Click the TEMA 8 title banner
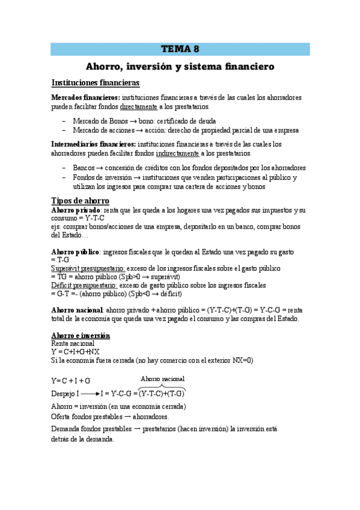click(x=180, y=49)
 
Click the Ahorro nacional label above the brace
click(x=162, y=379)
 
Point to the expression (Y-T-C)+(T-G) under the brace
click(x=162, y=394)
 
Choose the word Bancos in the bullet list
click(x=84, y=168)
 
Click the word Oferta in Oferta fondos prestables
click(x=61, y=417)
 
